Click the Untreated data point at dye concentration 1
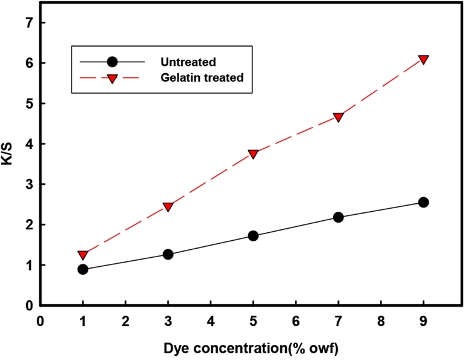tap(83, 269)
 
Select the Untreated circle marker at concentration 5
tap(253, 235)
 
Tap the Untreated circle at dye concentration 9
tap(423, 202)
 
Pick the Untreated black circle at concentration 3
tap(168, 254)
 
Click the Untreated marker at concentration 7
tap(338, 217)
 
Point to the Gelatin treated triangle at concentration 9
tap(423, 59)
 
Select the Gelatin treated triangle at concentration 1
tap(83, 255)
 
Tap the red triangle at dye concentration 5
tap(253, 154)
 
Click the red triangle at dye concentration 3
tap(168, 207)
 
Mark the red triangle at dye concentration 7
tap(338, 117)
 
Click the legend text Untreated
tap(188, 62)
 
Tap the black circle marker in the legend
tap(112, 62)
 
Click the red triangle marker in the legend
tap(112, 77)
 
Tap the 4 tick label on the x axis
tap(211, 321)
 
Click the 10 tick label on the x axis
tap(460, 321)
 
